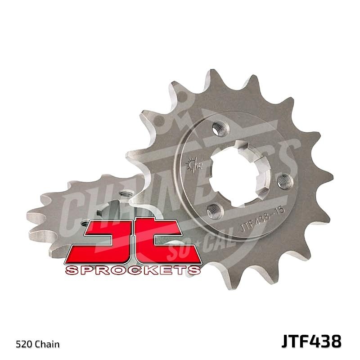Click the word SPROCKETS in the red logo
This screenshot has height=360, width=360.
133,270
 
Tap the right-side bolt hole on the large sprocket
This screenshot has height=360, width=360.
283,181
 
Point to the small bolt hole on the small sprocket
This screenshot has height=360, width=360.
85,222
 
